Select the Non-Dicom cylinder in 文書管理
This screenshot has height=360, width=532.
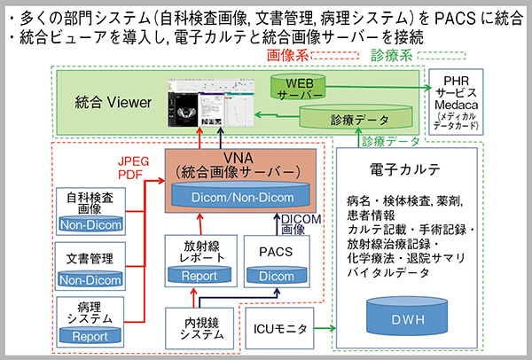point(90,281)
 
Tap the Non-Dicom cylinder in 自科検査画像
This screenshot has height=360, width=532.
point(90,225)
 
